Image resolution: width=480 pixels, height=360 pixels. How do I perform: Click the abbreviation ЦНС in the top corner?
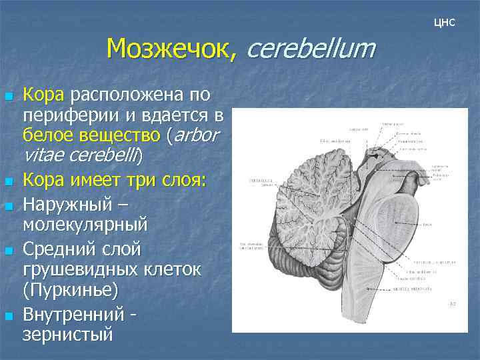point(443,23)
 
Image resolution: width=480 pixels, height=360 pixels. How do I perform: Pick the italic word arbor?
point(197,135)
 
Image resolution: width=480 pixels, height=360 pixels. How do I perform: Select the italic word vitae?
point(43,155)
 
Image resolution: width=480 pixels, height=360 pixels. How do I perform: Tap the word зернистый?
point(67,334)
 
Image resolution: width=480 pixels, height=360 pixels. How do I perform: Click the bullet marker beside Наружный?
point(8,205)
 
